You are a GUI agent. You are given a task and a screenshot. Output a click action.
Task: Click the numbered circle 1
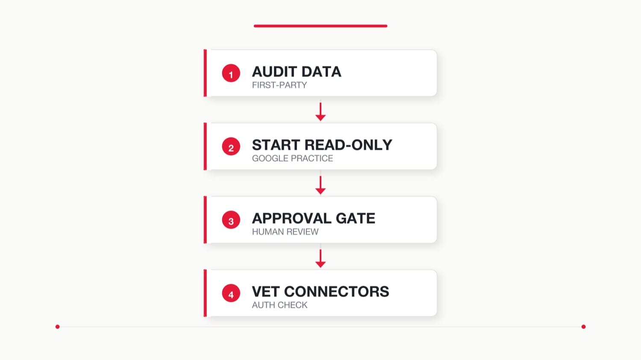[231, 73]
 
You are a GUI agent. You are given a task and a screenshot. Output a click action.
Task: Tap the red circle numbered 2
[231, 146]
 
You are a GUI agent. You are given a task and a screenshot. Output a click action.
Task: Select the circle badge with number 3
[231, 220]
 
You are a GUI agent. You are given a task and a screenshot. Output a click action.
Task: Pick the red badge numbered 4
[231, 293]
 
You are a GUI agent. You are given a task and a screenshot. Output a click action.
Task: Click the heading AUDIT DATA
[297, 71]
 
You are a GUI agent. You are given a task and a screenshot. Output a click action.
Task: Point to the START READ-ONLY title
[322, 145]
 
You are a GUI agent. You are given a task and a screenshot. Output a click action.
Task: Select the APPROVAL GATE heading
[313, 219]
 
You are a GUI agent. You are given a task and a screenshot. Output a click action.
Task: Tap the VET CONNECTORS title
[320, 292]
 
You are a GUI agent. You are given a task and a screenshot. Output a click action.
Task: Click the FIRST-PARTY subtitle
[279, 85]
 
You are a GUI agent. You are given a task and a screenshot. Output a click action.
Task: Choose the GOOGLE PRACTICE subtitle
[292, 158]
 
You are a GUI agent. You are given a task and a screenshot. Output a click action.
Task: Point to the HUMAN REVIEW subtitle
[285, 231]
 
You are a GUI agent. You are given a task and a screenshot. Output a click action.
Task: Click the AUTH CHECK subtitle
[279, 305]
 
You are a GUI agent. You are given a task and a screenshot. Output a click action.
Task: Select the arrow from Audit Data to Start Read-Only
[320, 111]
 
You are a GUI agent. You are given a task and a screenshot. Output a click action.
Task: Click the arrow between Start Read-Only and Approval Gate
[320, 185]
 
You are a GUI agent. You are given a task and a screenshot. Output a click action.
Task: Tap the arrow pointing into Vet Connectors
[320, 258]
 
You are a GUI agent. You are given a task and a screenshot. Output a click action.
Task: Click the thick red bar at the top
[320, 26]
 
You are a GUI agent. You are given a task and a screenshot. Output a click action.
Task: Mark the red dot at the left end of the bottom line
[58, 327]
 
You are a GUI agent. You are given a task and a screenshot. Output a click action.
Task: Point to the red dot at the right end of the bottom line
[583, 327]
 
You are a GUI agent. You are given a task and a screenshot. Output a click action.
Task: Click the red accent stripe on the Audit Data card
[205, 73]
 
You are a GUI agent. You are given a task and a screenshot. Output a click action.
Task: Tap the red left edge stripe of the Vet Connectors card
[205, 293]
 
